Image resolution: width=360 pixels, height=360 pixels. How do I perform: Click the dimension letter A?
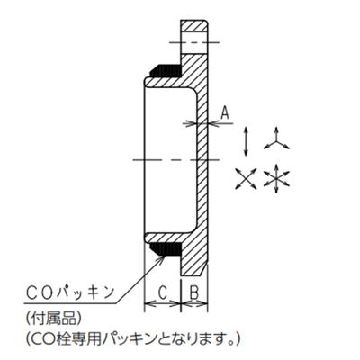[225, 113]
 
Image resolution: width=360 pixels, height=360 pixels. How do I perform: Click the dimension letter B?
[194, 292]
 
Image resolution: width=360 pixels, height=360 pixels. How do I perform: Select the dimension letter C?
[162, 292]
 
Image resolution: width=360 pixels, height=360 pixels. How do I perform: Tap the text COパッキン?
[71, 292]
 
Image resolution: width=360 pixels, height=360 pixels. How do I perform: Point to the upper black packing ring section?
[166, 70]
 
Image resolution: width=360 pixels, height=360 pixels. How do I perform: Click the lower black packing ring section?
[166, 249]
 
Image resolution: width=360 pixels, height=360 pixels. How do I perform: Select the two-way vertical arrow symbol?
[246, 141]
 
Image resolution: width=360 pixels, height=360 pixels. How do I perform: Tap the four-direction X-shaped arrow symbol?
[246, 179]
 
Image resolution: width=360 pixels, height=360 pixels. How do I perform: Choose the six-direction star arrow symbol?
[276, 179]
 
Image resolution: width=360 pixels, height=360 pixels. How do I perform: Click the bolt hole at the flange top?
[194, 43]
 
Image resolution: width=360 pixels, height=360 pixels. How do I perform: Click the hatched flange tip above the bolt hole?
[194, 26]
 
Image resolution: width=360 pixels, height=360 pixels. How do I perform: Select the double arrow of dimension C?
[163, 304]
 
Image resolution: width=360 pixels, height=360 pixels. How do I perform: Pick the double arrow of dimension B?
[194, 304]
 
